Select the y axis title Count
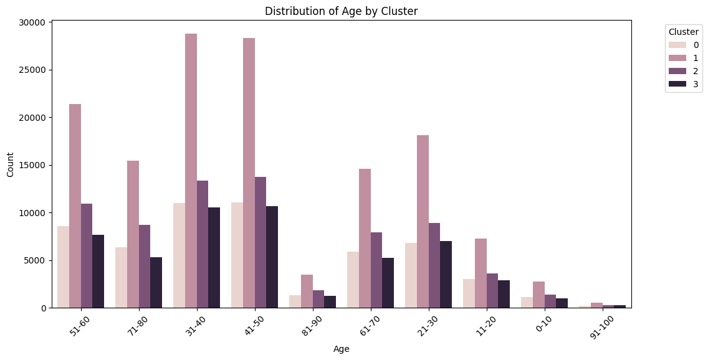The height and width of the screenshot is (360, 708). (x=11, y=164)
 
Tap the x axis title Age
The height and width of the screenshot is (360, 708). (x=341, y=349)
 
